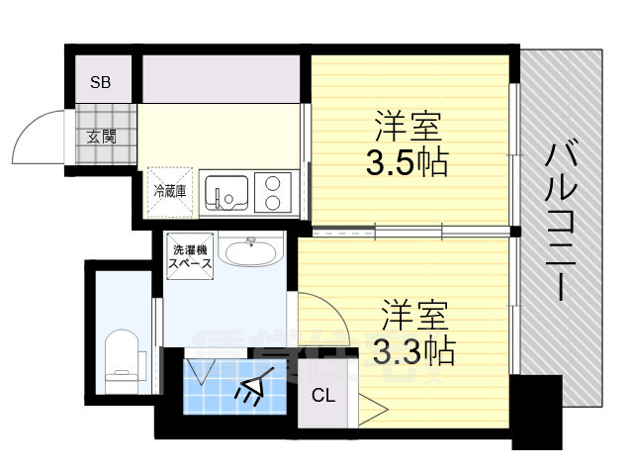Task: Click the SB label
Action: [101, 82]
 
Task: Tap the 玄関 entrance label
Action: [101, 136]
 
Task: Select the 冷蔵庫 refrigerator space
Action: [168, 188]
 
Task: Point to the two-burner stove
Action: [272, 192]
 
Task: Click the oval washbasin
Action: [250, 252]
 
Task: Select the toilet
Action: [123, 357]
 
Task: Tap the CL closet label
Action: [322, 396]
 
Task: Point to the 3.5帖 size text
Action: [407, 161]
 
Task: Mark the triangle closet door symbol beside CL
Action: [373, 408]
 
